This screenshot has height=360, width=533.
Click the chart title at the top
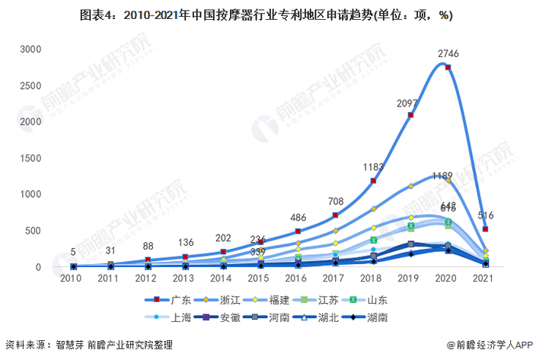tap(266, 15)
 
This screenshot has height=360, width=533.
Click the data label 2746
tap(448, 53)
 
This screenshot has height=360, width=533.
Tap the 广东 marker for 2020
tap(448, 68)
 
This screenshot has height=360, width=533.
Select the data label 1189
tap(442, 176)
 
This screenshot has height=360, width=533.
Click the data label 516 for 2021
tap(486, 215)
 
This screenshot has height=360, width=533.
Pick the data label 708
tap(335, 202)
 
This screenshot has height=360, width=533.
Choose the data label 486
tap(298, 218)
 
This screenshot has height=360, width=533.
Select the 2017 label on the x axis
tap(335, 280)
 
